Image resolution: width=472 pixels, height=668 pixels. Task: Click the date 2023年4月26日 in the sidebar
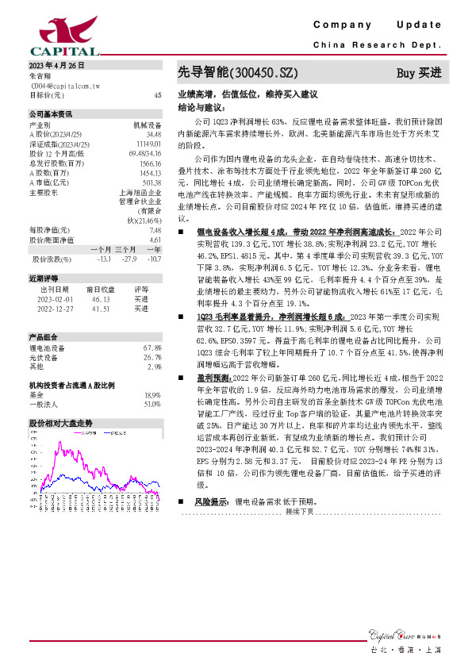(56, 65)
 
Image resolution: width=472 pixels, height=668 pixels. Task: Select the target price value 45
(157, 95)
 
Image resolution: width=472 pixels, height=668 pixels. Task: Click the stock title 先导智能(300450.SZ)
(237, 73)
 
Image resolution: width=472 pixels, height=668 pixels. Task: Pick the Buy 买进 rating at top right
(418, 73)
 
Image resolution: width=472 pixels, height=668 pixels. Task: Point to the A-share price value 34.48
(154, 135)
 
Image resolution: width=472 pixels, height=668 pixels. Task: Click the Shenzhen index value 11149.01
(149, 144)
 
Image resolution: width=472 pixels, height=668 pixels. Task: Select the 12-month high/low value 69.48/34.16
(144, 153)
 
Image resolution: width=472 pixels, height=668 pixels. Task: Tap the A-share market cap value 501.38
(152, 181)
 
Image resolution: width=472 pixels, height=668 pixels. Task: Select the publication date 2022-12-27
(56, 309)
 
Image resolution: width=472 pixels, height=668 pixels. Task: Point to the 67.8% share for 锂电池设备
(152, 348)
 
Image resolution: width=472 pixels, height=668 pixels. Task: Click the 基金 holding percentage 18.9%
(152, 394)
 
